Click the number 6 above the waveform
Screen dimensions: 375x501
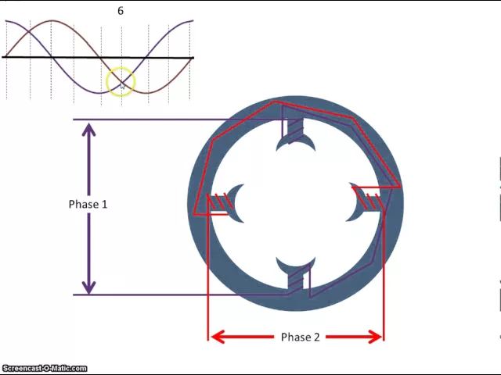121,11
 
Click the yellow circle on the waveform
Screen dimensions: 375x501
121,81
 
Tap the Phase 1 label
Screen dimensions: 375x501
88,204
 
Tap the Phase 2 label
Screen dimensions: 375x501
301,337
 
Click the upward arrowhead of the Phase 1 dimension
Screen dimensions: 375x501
89,127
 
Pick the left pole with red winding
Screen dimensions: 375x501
227,203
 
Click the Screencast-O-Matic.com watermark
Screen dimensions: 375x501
45,368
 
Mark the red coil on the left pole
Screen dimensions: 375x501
218,204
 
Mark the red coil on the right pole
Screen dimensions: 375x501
373,202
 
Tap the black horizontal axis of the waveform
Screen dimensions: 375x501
47,58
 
